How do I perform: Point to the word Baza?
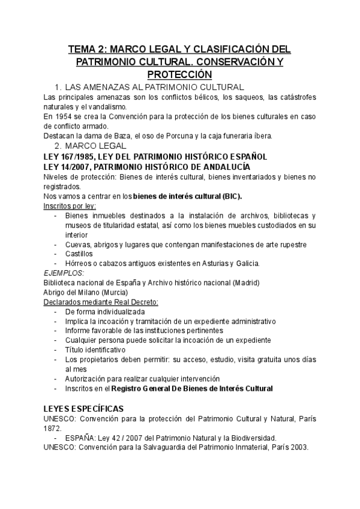pos(111,136)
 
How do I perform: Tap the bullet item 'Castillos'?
pos(79,254)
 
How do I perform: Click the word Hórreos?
pos(79,264)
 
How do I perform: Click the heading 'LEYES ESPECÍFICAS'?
pos(88,409)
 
